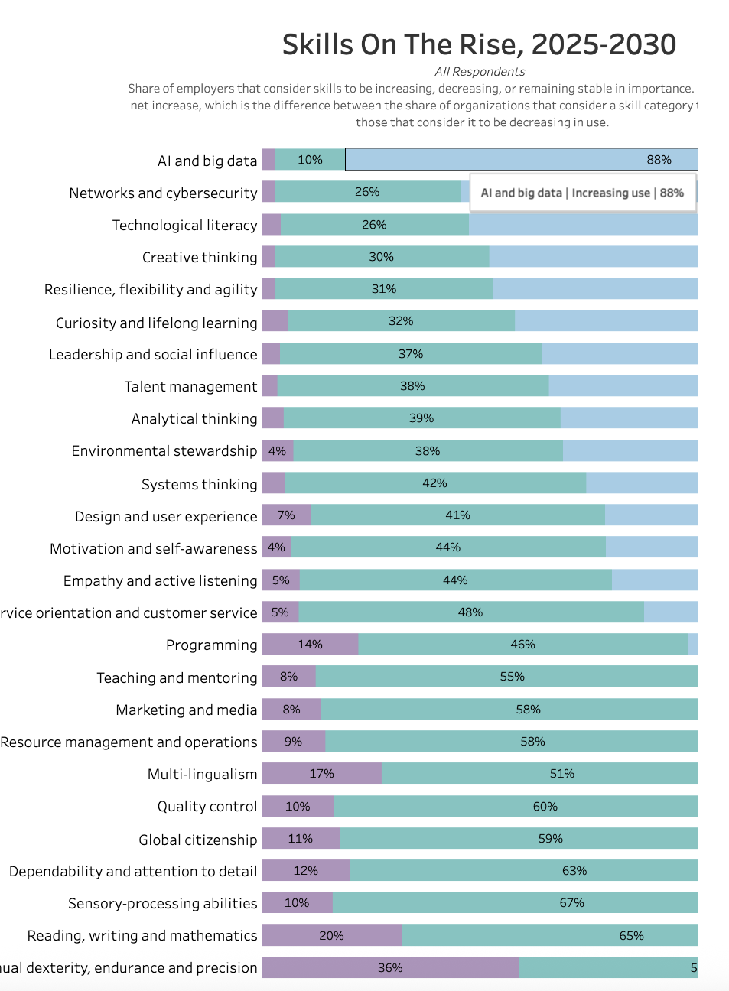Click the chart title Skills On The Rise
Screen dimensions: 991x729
pyautogui.click(x=479, y=45)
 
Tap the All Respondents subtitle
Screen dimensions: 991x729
pyautogui.click(x=480, y=72)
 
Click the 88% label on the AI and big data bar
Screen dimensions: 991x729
pyautogui.click(x=659, y=160)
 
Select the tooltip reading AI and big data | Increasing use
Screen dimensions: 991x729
pyautogui.click(x=582, y=193)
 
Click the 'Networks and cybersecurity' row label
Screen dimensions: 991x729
pyautogui.click(x=163, y=193)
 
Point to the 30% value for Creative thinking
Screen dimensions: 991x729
pyautogui.click(x=381, y=257)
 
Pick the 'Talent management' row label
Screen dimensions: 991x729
pyautogui.click(x=190, y=387)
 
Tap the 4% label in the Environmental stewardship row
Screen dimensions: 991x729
pyautogui.click(x=277, y=451)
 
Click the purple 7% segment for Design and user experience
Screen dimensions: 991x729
pyautogui.click(x=287, y=515)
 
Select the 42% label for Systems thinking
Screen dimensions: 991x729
pyautogui.click(x=434, y=483)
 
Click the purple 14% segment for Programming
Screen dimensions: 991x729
pyautogui.click(x=310, y=645)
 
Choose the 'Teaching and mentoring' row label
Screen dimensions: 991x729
pyautogui.click(x=177, y=678)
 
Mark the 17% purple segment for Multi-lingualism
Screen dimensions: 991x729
pyautogui.click(x=321, y=774)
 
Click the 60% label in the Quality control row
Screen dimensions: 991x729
pyautogui.click(x=545, y=807)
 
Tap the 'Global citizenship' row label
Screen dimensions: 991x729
pyautogui.click(x=197, y=840)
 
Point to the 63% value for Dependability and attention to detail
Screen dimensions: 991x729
pyautogui.click(x=574, y=871)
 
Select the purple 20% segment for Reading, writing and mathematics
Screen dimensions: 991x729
pyautogui.click(x=331, y=936)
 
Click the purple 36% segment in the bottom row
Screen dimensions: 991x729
pyautogui.click(x=390, y=968)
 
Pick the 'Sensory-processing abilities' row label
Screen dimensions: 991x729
pyautogui.click(x=162, y=904)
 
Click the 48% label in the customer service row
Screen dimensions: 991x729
pyautogui.click(x=470, y=612)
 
